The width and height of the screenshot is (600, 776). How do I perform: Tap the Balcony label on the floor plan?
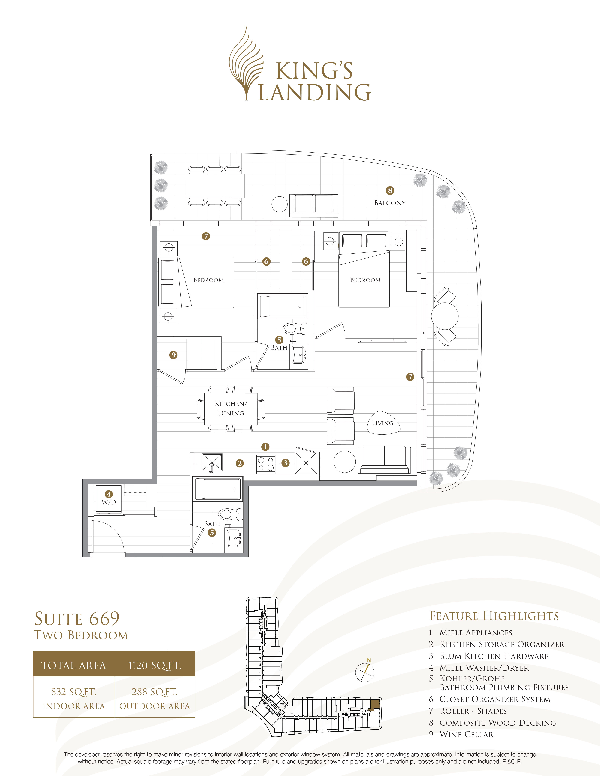click(390, 203)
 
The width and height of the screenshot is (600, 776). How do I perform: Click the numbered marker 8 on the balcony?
click(390, 190)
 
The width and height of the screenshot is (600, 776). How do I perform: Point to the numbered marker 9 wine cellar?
click(173, 355)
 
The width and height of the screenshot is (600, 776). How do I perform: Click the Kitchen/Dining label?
click(231, 408)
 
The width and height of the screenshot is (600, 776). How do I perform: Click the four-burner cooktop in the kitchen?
click(266, 463)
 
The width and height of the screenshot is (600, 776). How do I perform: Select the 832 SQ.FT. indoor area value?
click(73, 692)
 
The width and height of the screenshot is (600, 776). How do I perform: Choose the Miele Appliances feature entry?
click(475, 632)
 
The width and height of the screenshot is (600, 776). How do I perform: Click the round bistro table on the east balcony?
click(445, 316)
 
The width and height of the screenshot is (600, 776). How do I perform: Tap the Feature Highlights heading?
click(494, 616)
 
